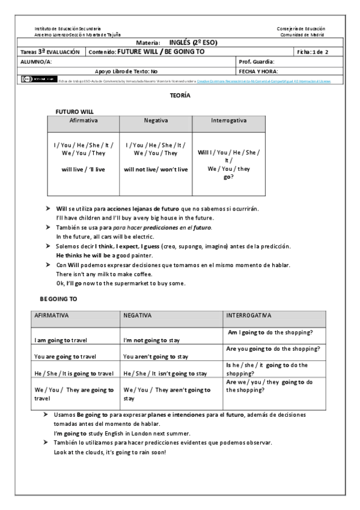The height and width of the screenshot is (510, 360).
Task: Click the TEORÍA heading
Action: [x=180, y=96]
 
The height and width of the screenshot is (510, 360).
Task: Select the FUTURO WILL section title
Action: [x=75, y=111]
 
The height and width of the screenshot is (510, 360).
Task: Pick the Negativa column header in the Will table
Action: [x=156, y=120]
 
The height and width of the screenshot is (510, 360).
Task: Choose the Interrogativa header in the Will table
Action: [x=228, y=120]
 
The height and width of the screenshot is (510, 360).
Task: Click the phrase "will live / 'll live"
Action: [x=84, y=169]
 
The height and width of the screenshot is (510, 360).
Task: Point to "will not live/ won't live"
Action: [x=156, y=169]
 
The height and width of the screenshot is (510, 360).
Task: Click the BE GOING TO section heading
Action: [x=59, y=298]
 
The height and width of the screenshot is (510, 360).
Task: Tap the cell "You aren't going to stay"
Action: [x=156, y=356]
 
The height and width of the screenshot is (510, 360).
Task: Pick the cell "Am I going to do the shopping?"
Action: [x=273, y=332]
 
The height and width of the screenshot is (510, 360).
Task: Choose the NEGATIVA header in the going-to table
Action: [x=138, y=315]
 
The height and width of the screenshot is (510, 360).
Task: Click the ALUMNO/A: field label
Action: [x=37, y=61]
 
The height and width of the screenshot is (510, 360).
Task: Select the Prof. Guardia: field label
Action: [x=257, y=61]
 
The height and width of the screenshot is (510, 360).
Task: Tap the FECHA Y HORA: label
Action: [x=258, y=70]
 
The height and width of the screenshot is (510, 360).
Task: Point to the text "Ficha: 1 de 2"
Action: [x=312, y=52]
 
